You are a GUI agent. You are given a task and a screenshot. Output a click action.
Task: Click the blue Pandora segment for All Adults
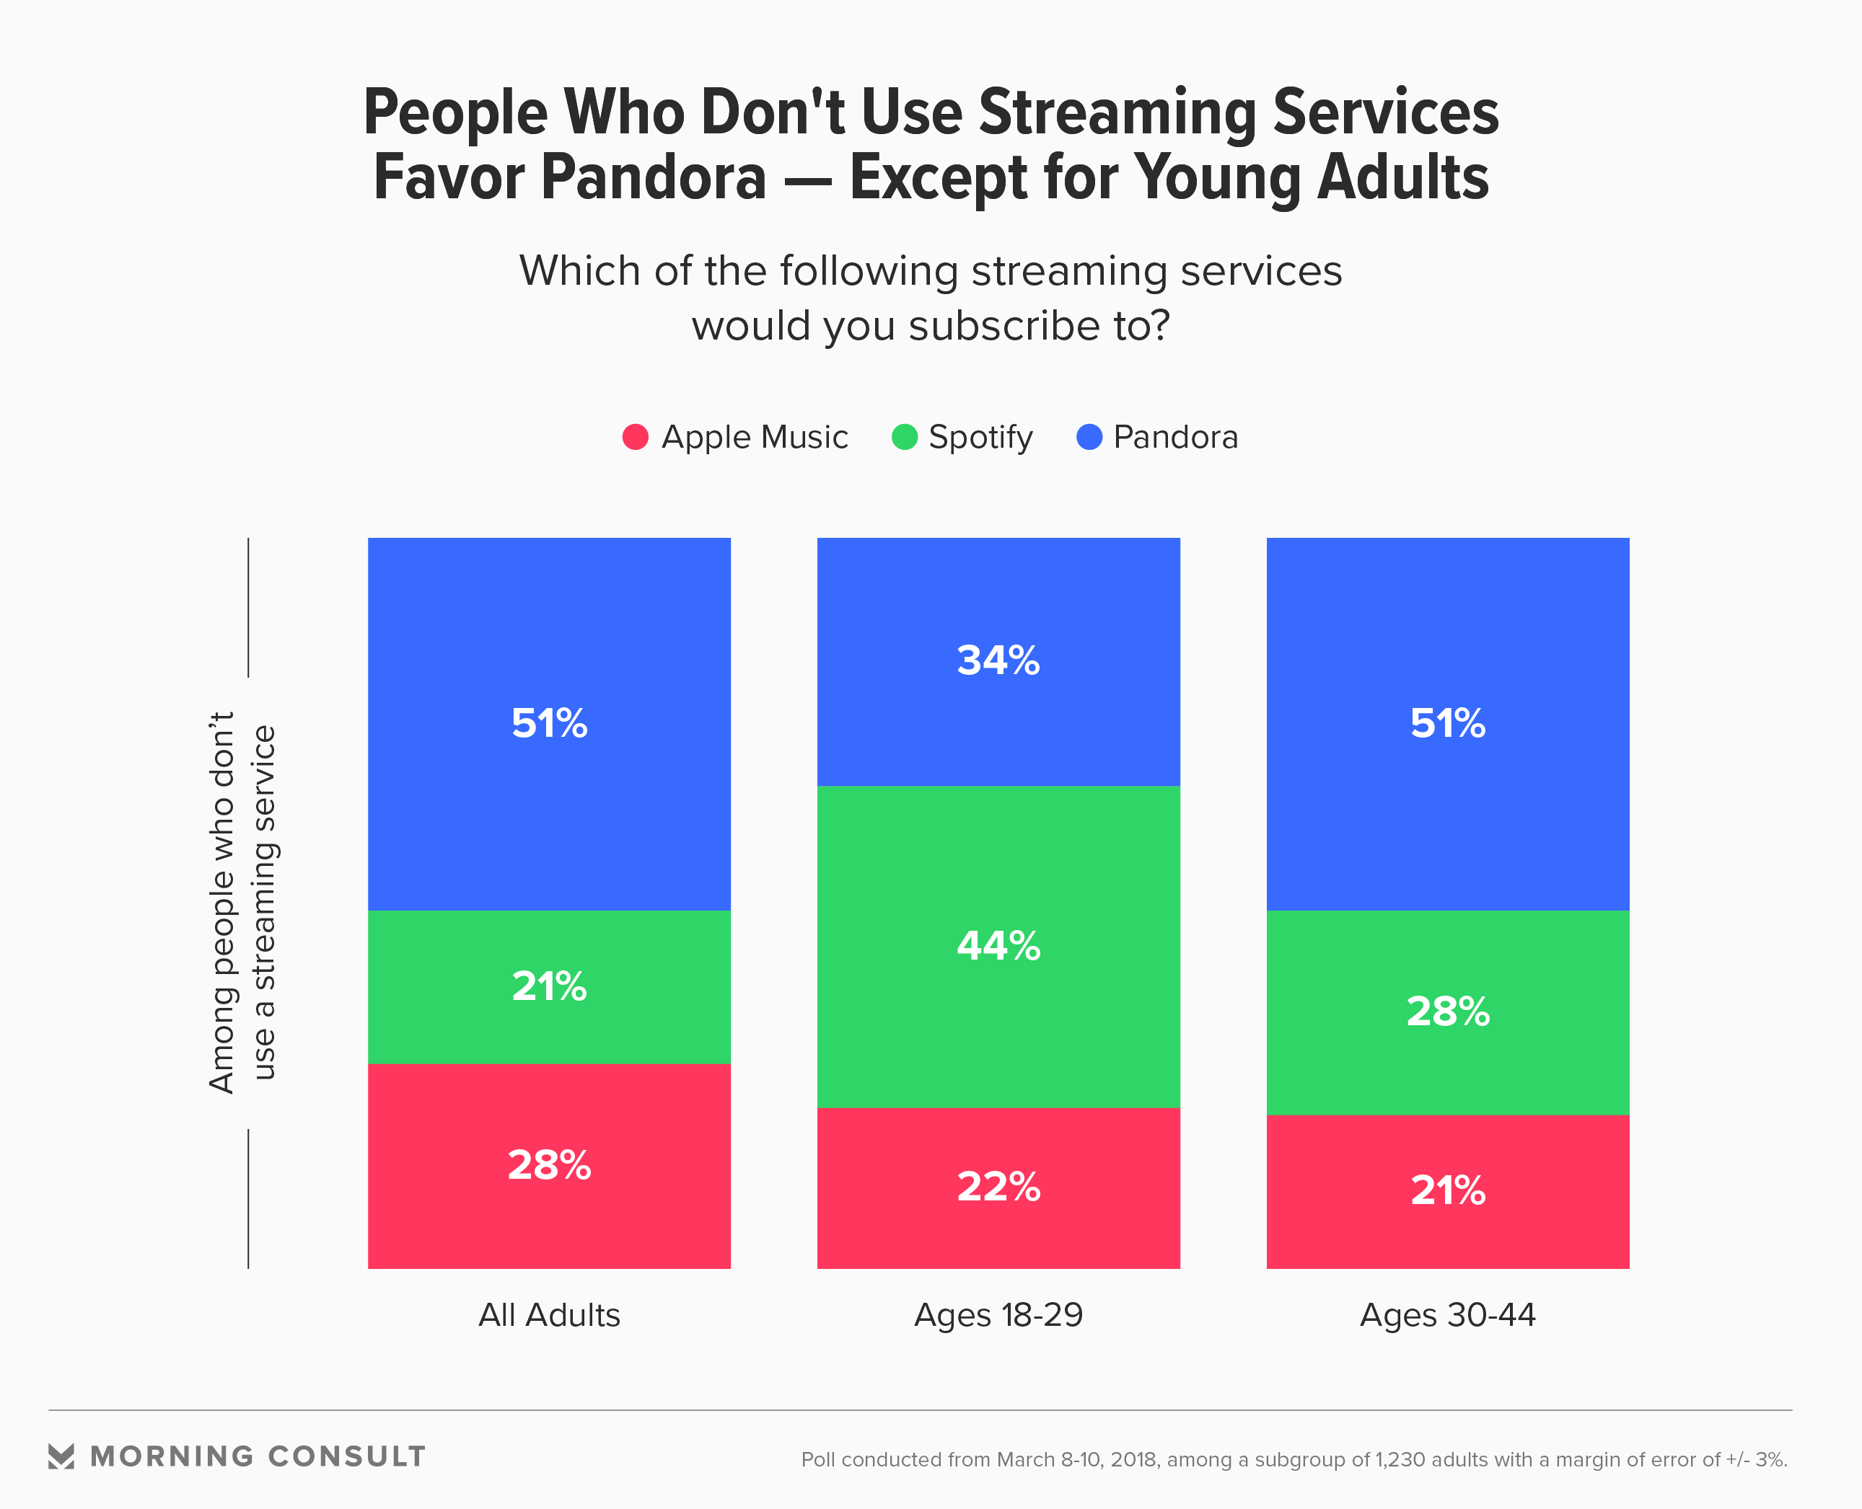click(549, 808)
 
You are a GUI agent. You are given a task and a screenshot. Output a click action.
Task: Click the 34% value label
click(998, 660)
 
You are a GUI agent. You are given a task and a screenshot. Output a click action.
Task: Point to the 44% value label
click(998, 946)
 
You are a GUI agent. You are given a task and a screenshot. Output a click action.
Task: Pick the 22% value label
click(998, 1187)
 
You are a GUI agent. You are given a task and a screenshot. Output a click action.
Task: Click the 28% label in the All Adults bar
click(549, 1166)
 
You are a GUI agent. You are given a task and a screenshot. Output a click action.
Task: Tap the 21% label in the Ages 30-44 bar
click(1447, 1191)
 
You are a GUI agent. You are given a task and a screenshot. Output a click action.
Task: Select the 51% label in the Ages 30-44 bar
click(1447, 723)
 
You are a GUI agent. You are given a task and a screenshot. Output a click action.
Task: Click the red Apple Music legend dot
click(635, 436)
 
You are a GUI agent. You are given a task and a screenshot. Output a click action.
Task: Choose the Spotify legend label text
click(980, 437)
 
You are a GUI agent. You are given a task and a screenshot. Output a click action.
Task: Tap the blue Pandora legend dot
click(1089, 436)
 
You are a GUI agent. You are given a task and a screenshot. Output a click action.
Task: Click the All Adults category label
click(549, 1315)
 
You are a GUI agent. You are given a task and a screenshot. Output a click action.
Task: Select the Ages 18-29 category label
click(998, 1315)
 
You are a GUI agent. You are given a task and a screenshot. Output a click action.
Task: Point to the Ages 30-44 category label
click(1447, 1315)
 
